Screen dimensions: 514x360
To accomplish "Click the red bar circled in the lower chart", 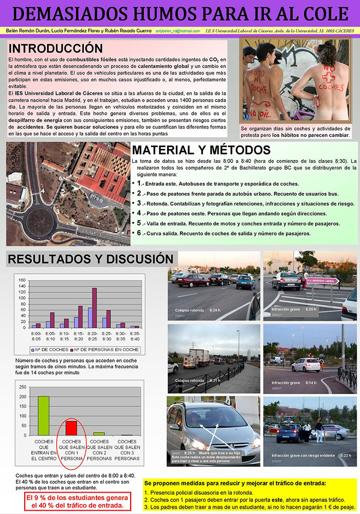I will [71, 428].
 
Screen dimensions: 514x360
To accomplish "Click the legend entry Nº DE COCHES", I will [51, 350].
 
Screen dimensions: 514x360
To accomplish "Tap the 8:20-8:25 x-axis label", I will [93, 336].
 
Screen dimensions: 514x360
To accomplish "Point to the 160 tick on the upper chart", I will [22, 280].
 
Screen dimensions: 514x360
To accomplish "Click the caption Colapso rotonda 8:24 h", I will [198, 310].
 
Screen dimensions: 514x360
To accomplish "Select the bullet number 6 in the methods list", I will [139, 233].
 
